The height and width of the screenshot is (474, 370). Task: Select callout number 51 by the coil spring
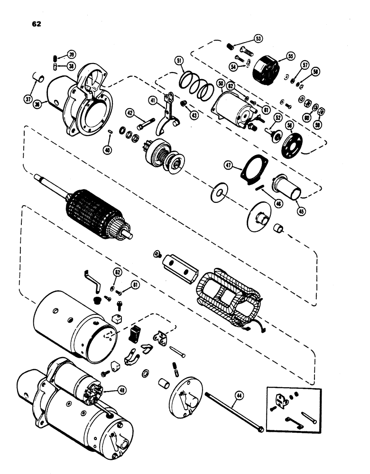pos(179,60)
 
